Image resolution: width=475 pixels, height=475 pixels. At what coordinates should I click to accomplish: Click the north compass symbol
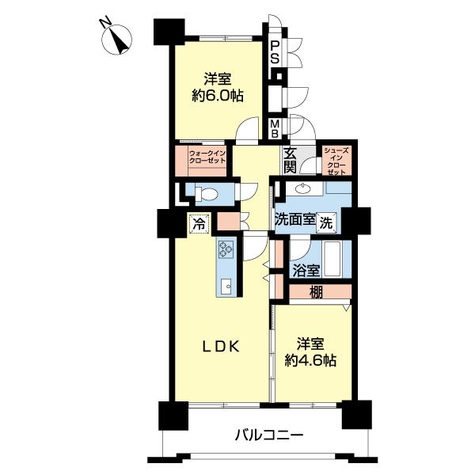pos(116,38)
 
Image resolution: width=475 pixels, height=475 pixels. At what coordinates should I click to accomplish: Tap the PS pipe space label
pos(275,53)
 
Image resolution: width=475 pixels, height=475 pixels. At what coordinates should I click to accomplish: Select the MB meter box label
pos(275,129)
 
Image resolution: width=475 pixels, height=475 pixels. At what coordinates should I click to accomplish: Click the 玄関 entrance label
pos(290,161)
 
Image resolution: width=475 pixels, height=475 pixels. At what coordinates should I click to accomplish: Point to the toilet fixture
pos(206,194)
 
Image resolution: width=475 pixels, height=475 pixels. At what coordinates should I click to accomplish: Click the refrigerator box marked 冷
pos(199,224)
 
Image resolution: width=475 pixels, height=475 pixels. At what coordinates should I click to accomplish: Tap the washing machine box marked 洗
pos(326,223)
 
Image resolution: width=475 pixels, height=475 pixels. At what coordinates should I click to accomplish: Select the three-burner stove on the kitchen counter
pos(226,249)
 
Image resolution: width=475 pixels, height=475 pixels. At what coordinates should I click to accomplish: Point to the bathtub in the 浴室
pos(333,259)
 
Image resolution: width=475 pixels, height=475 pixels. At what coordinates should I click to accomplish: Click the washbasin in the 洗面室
pos(303,190)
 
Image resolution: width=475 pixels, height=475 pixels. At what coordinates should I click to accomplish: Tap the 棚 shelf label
pos(316,291)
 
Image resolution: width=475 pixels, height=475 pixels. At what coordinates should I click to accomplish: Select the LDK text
pos(221,347)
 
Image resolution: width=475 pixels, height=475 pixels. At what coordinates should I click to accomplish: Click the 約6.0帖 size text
pos(218,96)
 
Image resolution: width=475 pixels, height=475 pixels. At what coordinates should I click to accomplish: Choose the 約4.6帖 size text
pos(310,360)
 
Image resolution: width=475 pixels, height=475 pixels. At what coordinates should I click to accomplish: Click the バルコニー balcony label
pos(269,436)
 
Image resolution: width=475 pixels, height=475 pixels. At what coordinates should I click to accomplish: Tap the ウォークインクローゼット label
pos(207,157)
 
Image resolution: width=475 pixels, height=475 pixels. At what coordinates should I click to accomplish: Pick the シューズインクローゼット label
pos(336,161)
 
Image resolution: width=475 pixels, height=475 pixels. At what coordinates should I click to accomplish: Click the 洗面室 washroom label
pos(295,219)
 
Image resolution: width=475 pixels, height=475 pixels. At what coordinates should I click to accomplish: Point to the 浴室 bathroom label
pos(306,271)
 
